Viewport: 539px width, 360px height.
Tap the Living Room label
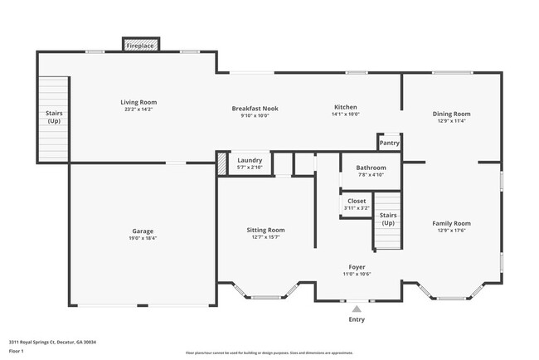(x=138, y=102)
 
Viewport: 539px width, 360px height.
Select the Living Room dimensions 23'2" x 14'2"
(x=138, y=109)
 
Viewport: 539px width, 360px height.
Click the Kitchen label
(x=345, y=108)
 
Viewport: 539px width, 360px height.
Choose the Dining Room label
(x=451, y=114)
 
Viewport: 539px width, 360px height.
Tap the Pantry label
(x=389, y=143)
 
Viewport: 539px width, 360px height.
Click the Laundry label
(x=250, y=160)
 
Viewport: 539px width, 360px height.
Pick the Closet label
(x=357, y=201)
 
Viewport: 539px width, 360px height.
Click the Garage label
(x=143, y=231)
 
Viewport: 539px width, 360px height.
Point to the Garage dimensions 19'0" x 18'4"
(x=143, y=239)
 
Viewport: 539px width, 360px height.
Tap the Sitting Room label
(x=265, y=230)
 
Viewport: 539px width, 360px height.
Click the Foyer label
(x=357, y=267)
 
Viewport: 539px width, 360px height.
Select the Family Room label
(x=451, y=223)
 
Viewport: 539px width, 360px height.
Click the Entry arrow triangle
(x=357, y=308)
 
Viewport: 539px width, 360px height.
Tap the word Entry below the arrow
(x=357, y=319)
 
